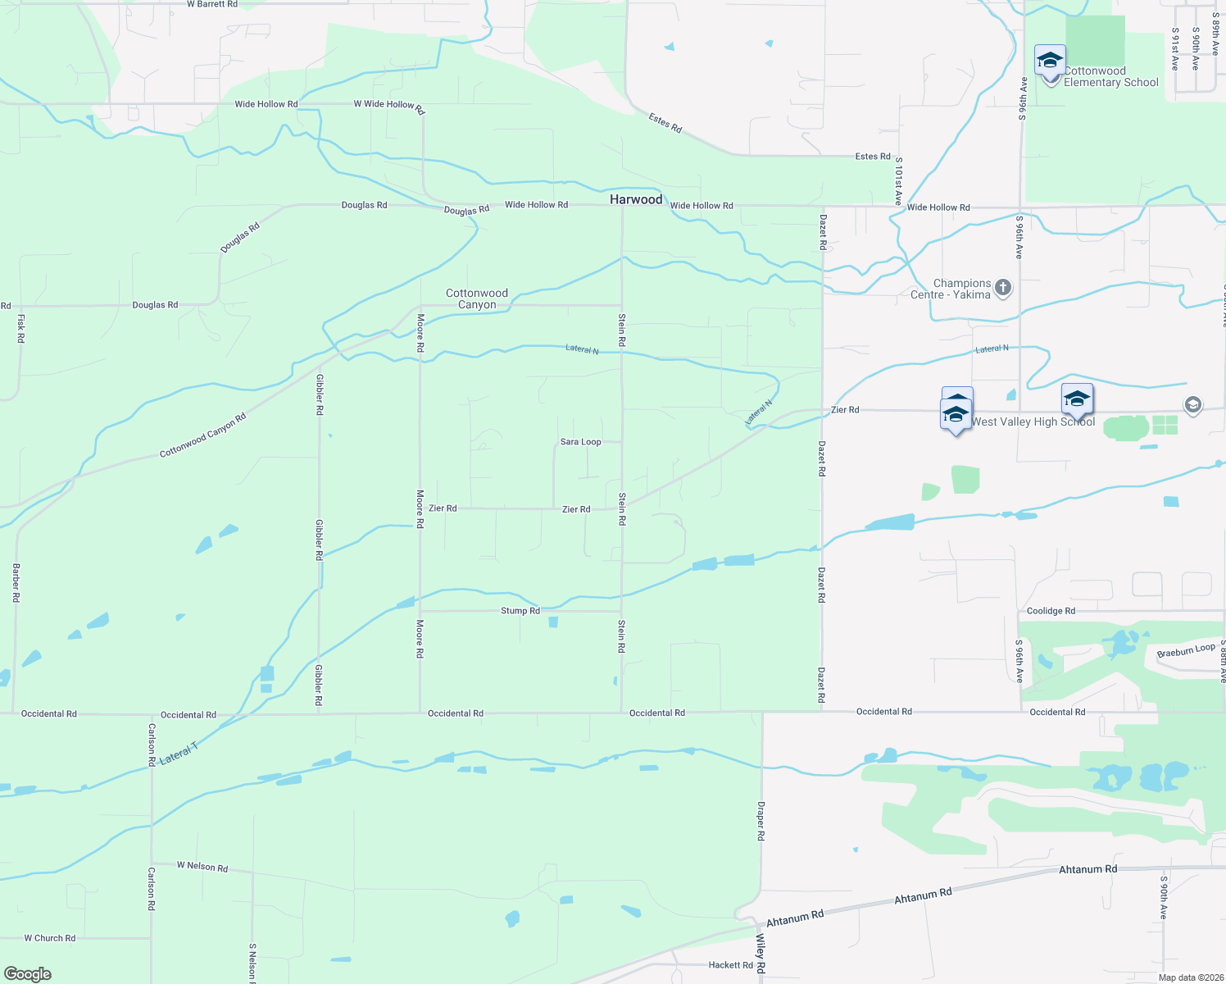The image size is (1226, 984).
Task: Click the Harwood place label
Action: coord(636,199)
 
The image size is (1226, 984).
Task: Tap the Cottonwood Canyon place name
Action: coord(477,298)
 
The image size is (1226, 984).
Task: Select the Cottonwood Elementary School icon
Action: coord(1050,61)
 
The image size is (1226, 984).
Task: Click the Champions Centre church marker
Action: coord(1003,288)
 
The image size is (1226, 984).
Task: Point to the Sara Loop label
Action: coord(580,442)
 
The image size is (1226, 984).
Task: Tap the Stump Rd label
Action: coord(520,611)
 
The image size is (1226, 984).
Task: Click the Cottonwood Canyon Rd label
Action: coord(202,435)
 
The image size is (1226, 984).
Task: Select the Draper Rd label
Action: coord(761,821)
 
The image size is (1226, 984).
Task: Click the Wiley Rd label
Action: coord(761,954)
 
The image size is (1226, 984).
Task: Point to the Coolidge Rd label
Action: coord(1051,611)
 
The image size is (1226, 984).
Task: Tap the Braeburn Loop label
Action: coord(1186,651)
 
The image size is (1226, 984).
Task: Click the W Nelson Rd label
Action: coord(202,866)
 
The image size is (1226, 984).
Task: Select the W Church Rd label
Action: coord(49,938)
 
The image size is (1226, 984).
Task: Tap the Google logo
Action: coord(28,974)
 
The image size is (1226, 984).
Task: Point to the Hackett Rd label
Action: coord(730,965)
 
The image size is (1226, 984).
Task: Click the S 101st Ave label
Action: coord(898,181)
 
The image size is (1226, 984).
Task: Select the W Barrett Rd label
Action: coord(212,4)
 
